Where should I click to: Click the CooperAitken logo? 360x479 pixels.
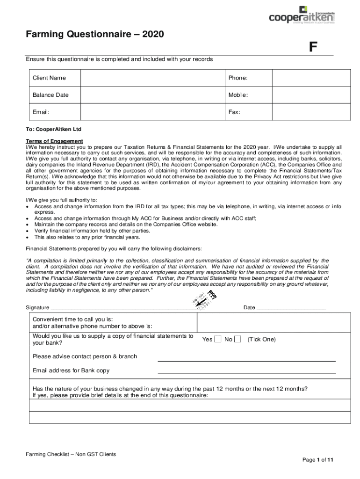(302, 15)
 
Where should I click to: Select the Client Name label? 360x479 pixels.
(49, 78)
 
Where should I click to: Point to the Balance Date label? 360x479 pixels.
(50, 95)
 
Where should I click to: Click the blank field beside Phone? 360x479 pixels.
(311, 78)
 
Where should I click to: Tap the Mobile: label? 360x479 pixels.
(238, 95)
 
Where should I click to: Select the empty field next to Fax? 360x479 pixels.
(311, 112)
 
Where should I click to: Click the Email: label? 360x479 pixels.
(41, 112)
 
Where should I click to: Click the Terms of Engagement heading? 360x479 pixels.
(54, 141)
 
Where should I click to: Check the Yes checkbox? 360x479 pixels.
(218, 339)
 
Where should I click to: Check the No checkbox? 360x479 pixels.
(238, 339)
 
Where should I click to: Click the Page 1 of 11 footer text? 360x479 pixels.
(318, 460)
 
